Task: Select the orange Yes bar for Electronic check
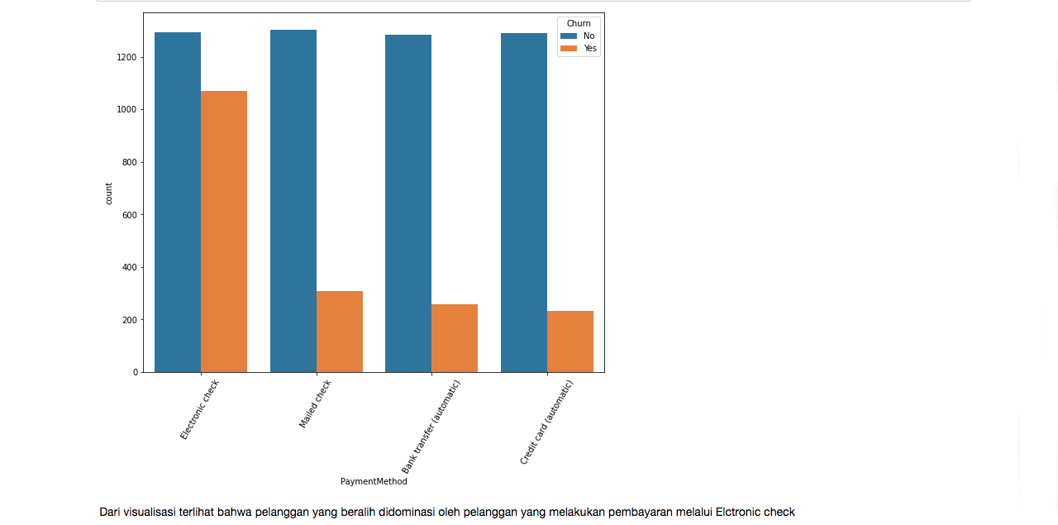[x=224, y=231]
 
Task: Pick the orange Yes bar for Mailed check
[x=340, y=332]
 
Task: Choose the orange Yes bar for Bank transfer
[x=455, y=338]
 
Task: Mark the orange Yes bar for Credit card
[x=570, y=341]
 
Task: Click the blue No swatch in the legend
[x=569, y=36]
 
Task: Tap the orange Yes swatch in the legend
[x=569, y=49]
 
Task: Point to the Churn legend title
[x=579, y=23]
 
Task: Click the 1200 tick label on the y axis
[x=126, y=57]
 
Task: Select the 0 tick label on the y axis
[x=135, y=372]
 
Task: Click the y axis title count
[x=108, y=193]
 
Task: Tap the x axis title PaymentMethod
[x=374, y=481]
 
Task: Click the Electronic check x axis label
[x=200, y=409]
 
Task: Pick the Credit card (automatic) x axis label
[x=546, y=422]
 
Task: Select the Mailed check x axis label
[x=315, y=403]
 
